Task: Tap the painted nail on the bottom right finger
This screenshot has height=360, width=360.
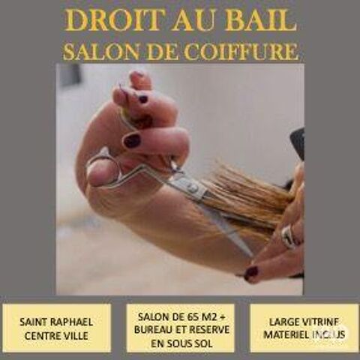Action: pyautogui.click(x=251, y=273)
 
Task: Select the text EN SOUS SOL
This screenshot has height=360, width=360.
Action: pyautogui.click(x=180, y=342)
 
